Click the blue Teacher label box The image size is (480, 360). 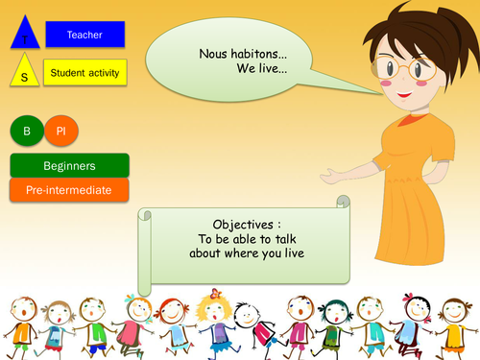(x=85, y=36)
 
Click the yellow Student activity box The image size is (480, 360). (x=84, y=71)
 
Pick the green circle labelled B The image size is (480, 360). (x=26, y=132)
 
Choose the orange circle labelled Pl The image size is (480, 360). (x=60, y=132)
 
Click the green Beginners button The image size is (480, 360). (x=69, y=166)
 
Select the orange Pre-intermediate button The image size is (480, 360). (x=69, y=190)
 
